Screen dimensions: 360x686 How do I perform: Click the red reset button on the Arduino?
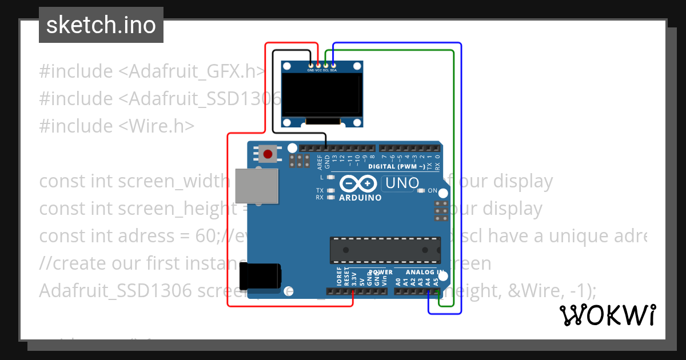(x=268, y=154)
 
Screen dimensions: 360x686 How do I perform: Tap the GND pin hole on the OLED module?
(x=311, y=66)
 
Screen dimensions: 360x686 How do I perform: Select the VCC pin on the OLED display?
(x=318, y=66)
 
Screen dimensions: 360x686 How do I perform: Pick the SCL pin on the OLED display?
(x=326, y=66)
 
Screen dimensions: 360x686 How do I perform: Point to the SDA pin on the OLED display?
(x=333, y=66)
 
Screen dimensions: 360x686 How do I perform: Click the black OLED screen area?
(x=323, y=95)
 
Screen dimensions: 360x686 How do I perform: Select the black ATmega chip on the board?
(x=385, y=250)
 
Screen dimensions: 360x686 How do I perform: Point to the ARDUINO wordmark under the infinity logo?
(x=360, y=198)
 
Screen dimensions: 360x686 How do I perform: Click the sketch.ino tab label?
(x=101, y=25)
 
